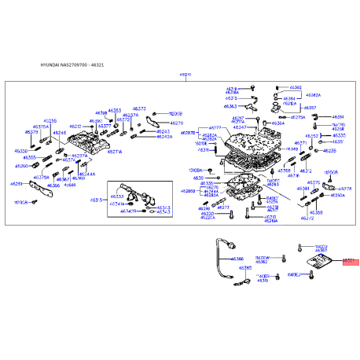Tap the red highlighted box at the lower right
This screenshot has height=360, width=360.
click(x=348, y=260)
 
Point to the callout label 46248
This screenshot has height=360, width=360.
click(x=60, y=133)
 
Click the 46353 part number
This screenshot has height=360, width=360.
click(x=115, y=111)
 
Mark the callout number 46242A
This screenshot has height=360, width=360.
click(x=164, y=137)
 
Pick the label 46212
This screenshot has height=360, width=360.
click(x=75, y=126)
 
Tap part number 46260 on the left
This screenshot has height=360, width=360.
click(x=22, y=166)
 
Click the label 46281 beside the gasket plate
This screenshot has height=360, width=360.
click(x=17, y=184)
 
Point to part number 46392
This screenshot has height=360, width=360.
click(x=296, y=88)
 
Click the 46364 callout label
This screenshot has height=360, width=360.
click(x=277, y=123)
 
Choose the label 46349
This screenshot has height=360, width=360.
click(x=292, y=148)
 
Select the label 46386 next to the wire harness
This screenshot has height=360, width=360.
click(x=237, y=259)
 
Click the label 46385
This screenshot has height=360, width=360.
click(x=245, y=268)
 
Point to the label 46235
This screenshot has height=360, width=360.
click(x=329, y=149)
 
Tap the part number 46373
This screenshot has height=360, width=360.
click(x=139, y=108)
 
